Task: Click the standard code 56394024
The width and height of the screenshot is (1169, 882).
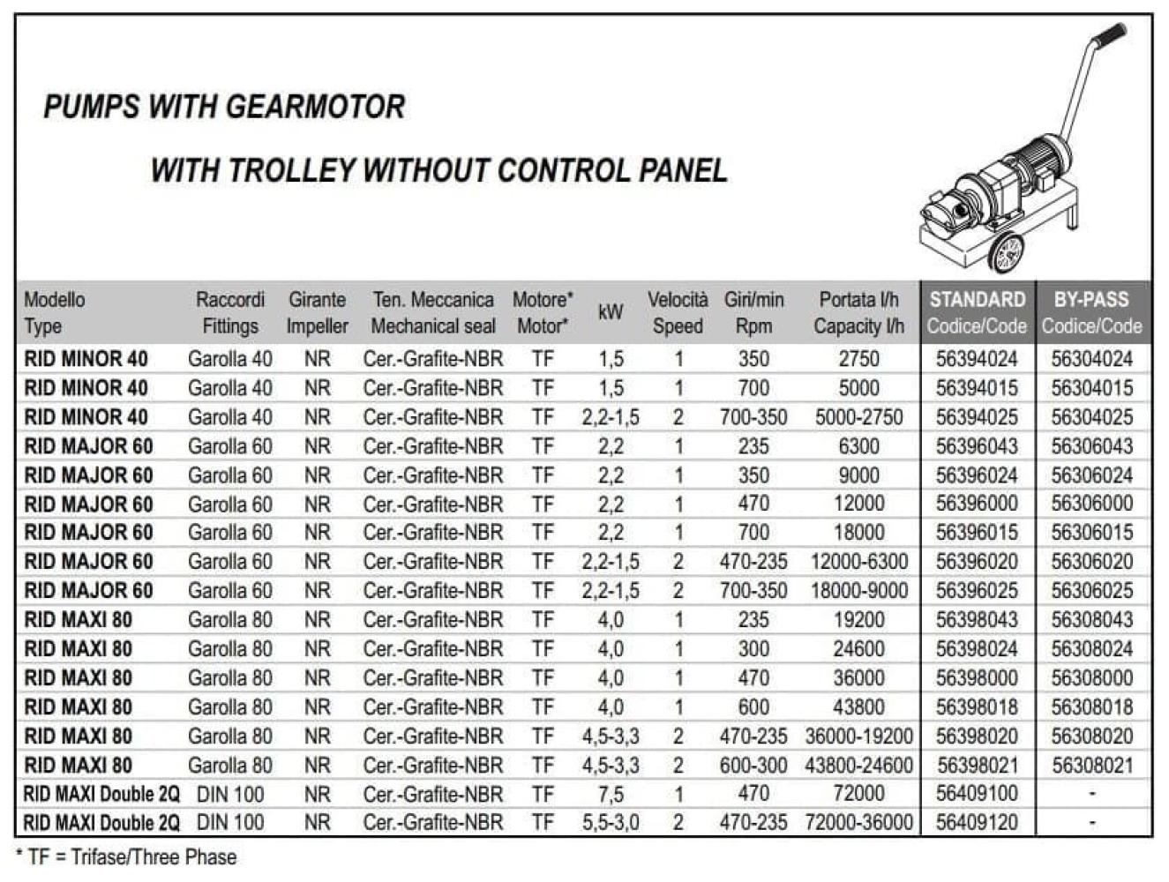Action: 976,359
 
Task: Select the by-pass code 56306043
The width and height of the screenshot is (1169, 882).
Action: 1091,446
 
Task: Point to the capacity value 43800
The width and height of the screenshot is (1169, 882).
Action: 858,707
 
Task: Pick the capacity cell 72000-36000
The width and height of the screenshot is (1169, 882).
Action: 858,823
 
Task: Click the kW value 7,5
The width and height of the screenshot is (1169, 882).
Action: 611,794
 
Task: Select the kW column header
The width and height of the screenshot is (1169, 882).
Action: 611,312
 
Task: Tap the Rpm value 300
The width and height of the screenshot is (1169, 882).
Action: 753,649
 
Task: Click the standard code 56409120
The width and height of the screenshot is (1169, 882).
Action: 976,823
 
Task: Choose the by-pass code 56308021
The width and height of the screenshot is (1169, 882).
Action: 1091,766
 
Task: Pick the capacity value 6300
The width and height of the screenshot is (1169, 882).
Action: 858,446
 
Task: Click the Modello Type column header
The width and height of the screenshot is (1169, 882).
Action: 55,312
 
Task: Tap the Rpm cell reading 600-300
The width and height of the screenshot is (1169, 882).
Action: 753,766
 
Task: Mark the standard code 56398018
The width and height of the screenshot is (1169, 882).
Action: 976,707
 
